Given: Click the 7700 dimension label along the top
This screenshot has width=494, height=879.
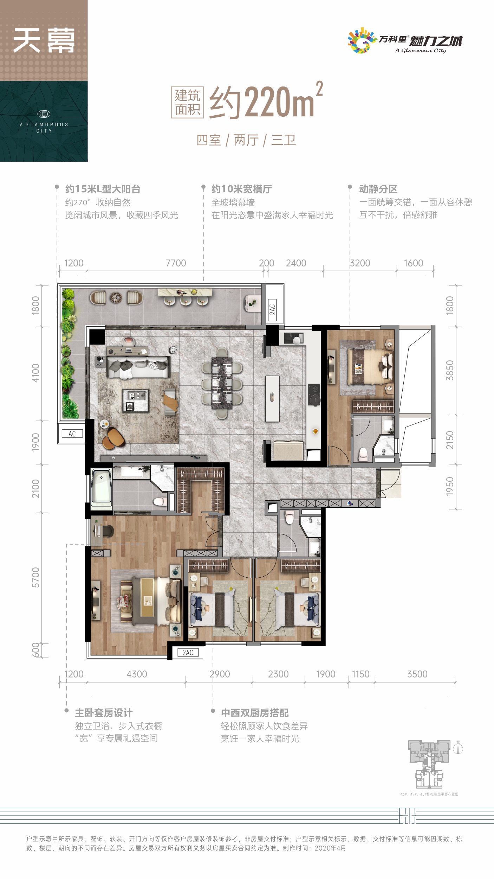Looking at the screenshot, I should point(176,263).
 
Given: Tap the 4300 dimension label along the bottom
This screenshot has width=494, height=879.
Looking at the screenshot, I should point(137,674).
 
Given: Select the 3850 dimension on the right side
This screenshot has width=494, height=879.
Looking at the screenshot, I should point(450,370).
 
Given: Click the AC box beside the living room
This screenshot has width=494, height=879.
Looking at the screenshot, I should point(72,434).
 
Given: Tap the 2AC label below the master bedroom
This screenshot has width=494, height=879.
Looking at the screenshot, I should point(188,653).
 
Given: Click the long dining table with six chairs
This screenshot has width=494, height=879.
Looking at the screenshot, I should point(222,383).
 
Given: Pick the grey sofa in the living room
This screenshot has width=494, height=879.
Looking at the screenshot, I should point(138,366).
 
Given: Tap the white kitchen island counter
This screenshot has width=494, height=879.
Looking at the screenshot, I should point(272,398).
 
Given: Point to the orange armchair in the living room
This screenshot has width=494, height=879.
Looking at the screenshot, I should point(114,438).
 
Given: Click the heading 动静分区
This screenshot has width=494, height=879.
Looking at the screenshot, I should point(378,189).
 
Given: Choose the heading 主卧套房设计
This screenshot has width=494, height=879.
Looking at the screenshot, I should point(104,713).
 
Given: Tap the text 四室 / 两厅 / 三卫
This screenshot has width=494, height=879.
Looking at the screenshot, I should point(246,140).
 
